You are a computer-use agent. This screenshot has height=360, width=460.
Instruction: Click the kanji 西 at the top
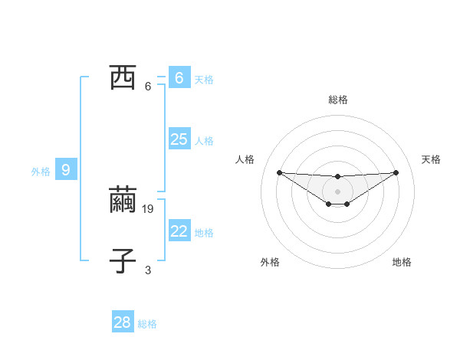123,78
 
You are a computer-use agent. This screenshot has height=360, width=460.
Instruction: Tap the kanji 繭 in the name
123,200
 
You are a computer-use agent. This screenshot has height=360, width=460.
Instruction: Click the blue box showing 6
179,78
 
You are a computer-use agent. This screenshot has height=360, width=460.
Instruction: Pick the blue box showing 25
179,139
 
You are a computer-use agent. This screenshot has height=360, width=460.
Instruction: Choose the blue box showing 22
179,231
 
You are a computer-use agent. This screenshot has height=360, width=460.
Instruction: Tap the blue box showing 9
66,170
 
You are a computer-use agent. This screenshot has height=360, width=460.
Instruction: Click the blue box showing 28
123,322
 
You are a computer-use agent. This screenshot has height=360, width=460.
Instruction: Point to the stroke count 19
149,208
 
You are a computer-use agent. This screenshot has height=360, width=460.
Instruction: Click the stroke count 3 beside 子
148,270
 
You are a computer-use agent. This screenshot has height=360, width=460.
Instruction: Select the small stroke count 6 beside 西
148,87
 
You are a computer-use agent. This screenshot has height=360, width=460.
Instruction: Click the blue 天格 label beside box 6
204,80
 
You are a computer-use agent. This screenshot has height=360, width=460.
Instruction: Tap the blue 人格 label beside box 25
204,141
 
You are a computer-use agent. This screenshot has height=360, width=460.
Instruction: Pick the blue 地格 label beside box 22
204,233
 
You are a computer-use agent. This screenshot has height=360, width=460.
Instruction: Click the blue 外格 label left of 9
41,172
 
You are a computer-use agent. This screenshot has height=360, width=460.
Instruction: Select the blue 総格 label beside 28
147,324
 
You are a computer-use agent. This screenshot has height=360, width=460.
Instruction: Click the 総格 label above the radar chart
338,100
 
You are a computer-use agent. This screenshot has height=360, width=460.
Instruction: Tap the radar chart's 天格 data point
396,172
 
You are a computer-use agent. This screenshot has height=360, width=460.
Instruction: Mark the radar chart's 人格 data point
280,172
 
